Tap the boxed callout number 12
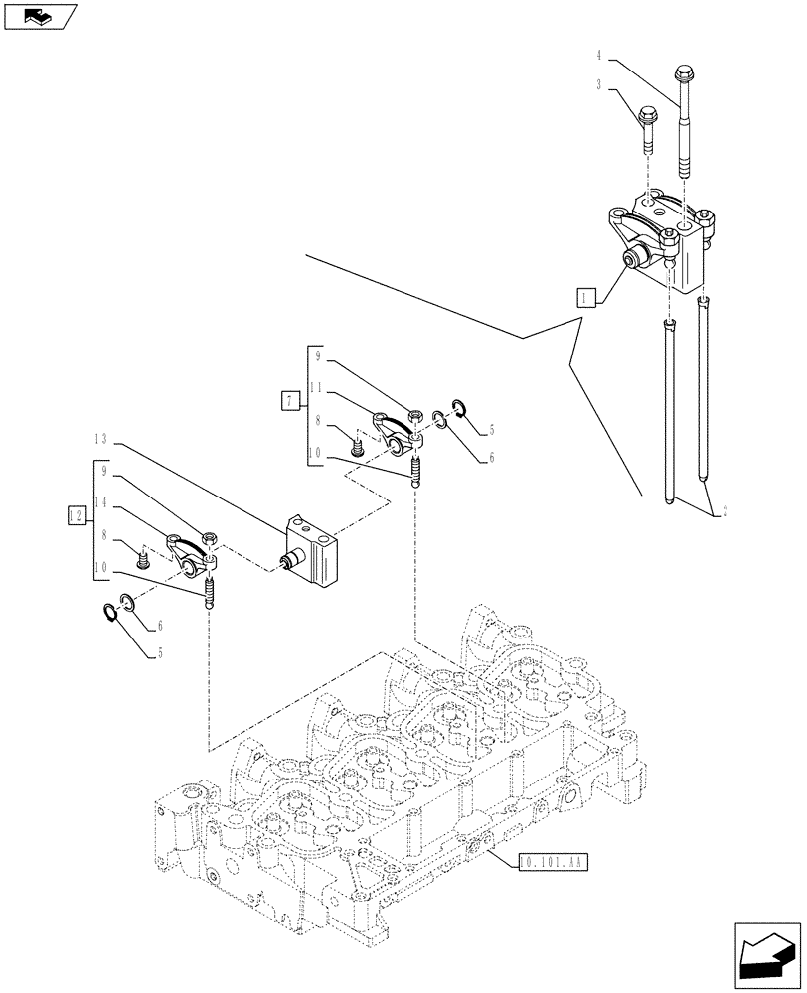coord(75,514)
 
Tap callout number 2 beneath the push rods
coord(726,511)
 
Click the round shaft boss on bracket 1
coord(632,261)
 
